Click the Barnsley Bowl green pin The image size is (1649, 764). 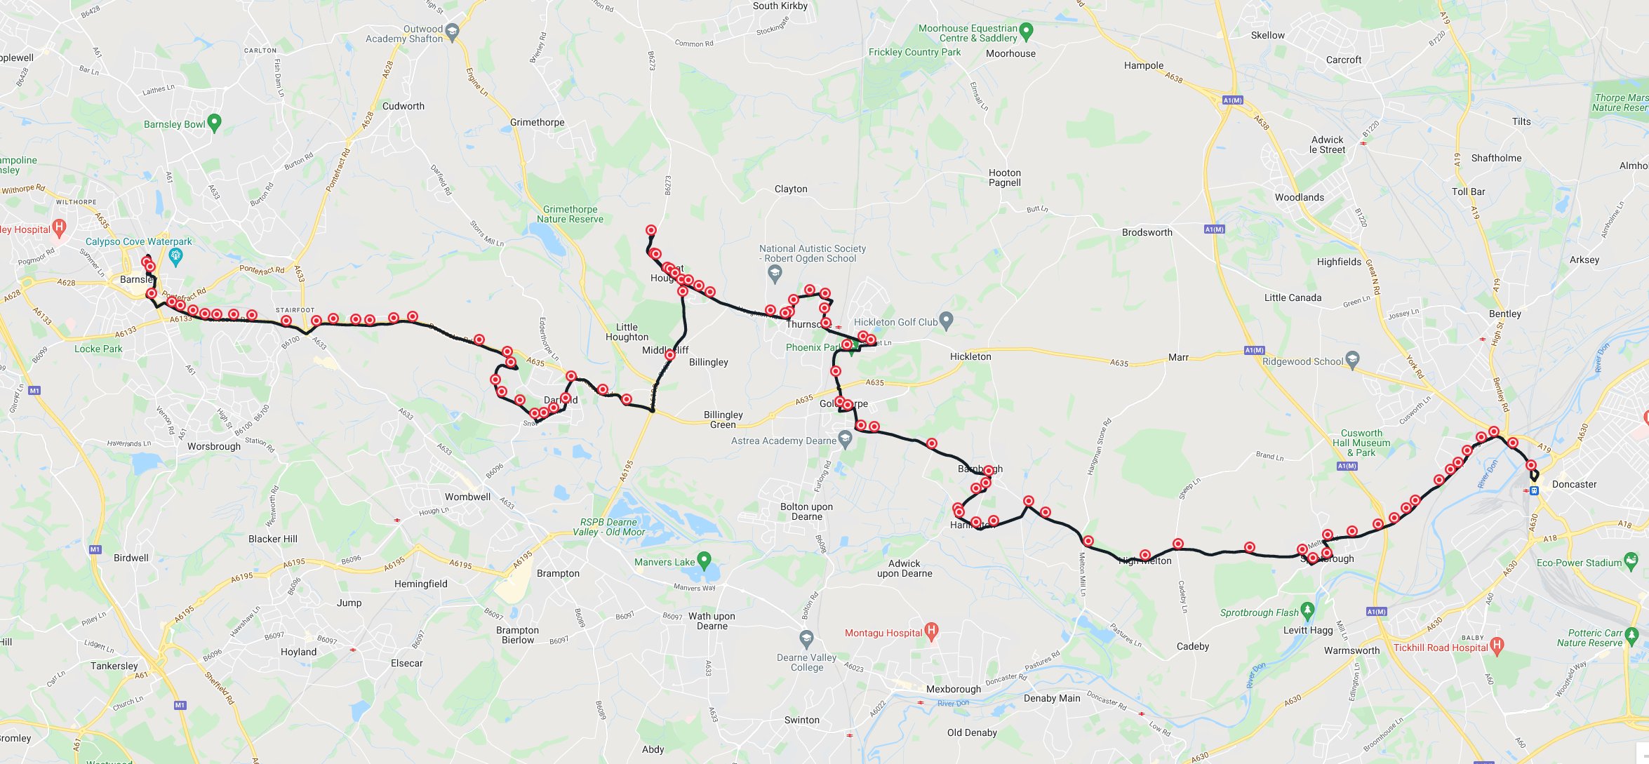tap(215, 122)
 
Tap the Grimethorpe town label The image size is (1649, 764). tap(537, 122)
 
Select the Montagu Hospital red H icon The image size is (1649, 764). tap(931, 631)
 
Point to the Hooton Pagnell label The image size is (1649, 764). tap(1004, 177)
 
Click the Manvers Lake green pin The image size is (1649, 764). tap(704, 560)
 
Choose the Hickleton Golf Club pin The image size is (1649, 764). tap(946, 321)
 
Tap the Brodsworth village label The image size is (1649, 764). tap(1147, 232)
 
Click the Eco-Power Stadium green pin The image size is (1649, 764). tap(1631, 561)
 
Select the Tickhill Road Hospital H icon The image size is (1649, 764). tap(1497, 645)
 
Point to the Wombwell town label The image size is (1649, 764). tap(467, 497)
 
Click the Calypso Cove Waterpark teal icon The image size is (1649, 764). tap(175, 257)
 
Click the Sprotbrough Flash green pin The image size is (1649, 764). tap(1307, 610)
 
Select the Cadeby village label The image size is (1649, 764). tap(1192, 646)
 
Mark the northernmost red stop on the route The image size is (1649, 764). tap(651, 230)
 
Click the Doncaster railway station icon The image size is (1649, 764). tap(1534, 491)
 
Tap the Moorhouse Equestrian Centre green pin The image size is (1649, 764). tap(1026, 31)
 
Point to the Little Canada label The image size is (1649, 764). tap(1293, 297)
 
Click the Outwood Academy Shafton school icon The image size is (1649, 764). tap(452, 32)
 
